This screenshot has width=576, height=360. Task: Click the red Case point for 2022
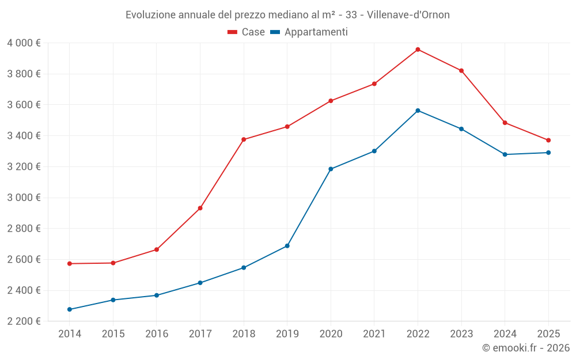pos(418,50)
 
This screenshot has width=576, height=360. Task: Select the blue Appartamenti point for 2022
pos(418,111)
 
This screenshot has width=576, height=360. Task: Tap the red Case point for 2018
pos(244,139)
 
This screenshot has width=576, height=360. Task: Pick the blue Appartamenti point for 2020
pos(331,169)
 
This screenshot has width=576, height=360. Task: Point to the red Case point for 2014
pos(70,264)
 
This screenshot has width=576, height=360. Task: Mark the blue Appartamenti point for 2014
pos(70,309)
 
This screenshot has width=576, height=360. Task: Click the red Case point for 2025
pos(548,140)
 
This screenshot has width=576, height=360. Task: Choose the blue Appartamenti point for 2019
pos(287,246)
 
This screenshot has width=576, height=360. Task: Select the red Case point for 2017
pos(200,208)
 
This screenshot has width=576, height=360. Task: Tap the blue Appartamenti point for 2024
pos(505,154)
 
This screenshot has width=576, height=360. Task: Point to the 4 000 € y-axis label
pos(24,43)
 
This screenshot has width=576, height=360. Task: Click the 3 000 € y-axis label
pos(24,198)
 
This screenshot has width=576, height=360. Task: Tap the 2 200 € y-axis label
pos(24,321)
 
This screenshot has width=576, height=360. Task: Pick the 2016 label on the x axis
pos(157,334)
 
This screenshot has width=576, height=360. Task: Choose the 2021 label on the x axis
pos(374,334)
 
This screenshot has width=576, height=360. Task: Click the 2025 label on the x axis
pos(548,334)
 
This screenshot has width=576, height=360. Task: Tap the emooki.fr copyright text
pos(526,348)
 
